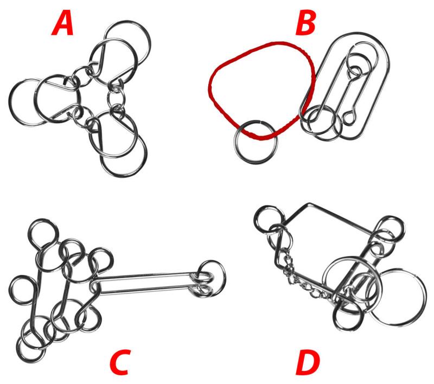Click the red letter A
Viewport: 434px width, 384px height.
pos(62,25)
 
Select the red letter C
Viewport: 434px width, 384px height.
pos(119,362)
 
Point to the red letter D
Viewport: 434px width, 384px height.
pos(308,362)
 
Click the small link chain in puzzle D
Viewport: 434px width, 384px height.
pos(304,285)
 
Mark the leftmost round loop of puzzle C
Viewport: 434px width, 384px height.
pos(10,291)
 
